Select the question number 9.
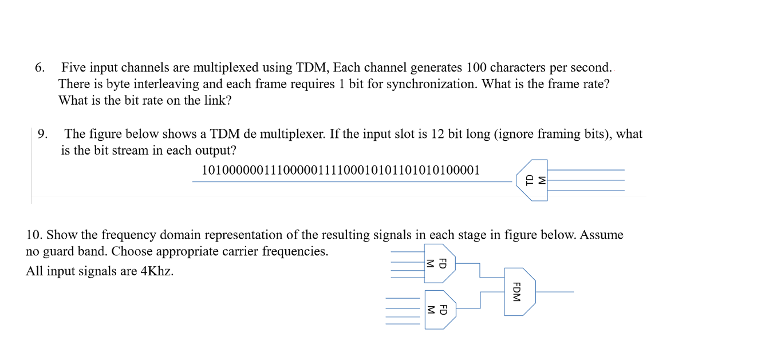click(x=42, y=134)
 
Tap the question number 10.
click(x=34, y=235)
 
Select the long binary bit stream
click(x=340, y=170)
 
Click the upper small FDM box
click(x=439, y=263)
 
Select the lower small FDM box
click(x=439, y=310)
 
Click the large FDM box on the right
click(x=519, y=292)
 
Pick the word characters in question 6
click(x=518, y=68)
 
